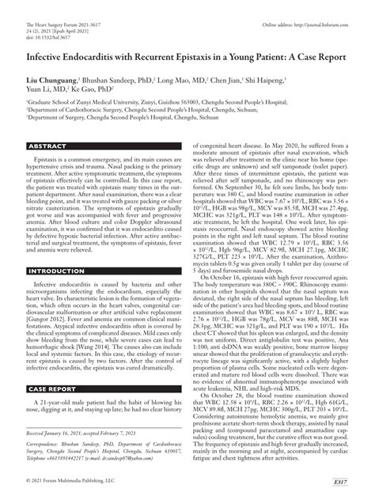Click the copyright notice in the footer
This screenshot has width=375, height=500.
(71, 482)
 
